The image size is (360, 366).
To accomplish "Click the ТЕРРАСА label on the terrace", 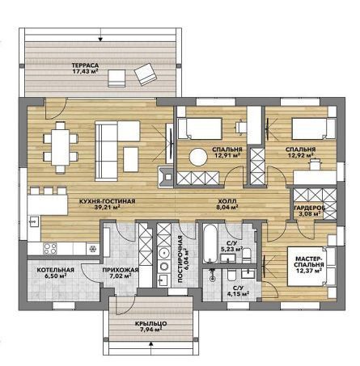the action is pos(85,65).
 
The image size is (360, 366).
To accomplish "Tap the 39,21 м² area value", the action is pos(108,207).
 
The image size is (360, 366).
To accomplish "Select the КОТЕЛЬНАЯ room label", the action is pos(56,270).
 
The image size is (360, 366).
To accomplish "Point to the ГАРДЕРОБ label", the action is pos(310,208).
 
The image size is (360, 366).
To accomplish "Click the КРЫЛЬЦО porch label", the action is pos(150,323).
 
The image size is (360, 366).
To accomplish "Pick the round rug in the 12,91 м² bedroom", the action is pos(198,157).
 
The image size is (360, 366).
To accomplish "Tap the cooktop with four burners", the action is pos(50,249).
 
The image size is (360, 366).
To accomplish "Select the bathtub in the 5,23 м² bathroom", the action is pos(210,243).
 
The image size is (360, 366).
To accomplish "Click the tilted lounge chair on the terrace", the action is pos(146,74).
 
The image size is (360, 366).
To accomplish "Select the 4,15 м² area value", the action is pos(238,293).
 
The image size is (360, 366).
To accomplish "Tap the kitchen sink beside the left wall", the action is pos(34,221).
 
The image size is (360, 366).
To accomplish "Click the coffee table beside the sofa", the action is pos(131,159).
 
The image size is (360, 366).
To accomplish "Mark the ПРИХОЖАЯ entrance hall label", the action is pos(121,270).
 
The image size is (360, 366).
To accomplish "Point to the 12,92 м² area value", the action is pos(300,155).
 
